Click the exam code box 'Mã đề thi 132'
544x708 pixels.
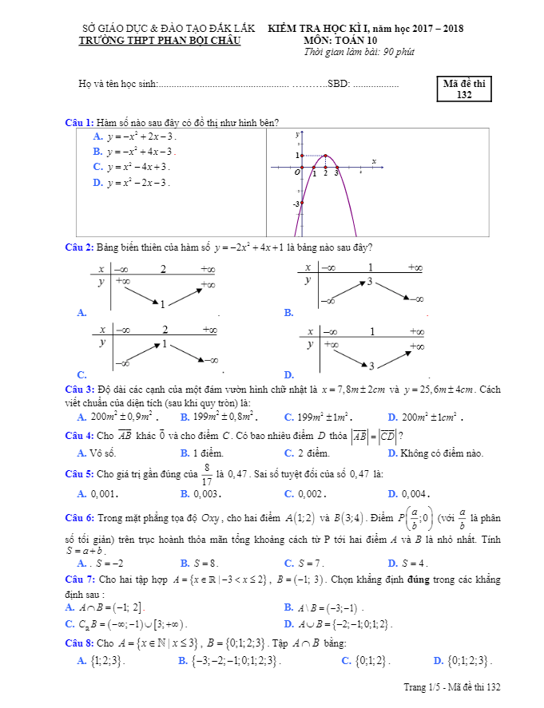(465, 89)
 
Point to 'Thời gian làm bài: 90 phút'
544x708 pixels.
(359, 52)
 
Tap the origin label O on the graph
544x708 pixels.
(296, 172)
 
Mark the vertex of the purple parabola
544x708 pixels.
(326, 155)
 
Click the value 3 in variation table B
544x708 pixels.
(370, 282)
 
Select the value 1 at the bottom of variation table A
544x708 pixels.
(162, 304)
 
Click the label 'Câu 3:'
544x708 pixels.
(79, 390)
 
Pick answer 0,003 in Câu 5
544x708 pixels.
(197, 495)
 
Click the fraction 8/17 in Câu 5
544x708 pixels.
(207, 474)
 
